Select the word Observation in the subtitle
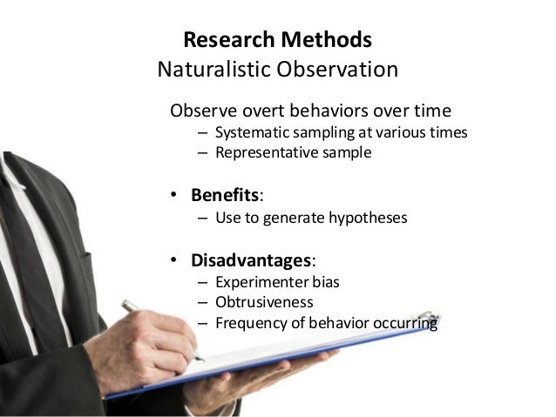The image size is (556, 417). click(336, 69)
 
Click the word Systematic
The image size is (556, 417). click(255, 133)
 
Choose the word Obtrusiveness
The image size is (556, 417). click(264, 303)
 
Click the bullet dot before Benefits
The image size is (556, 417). click(174, 194)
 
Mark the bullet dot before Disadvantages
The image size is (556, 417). click(174, 261)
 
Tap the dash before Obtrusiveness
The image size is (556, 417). click(202, 303)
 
